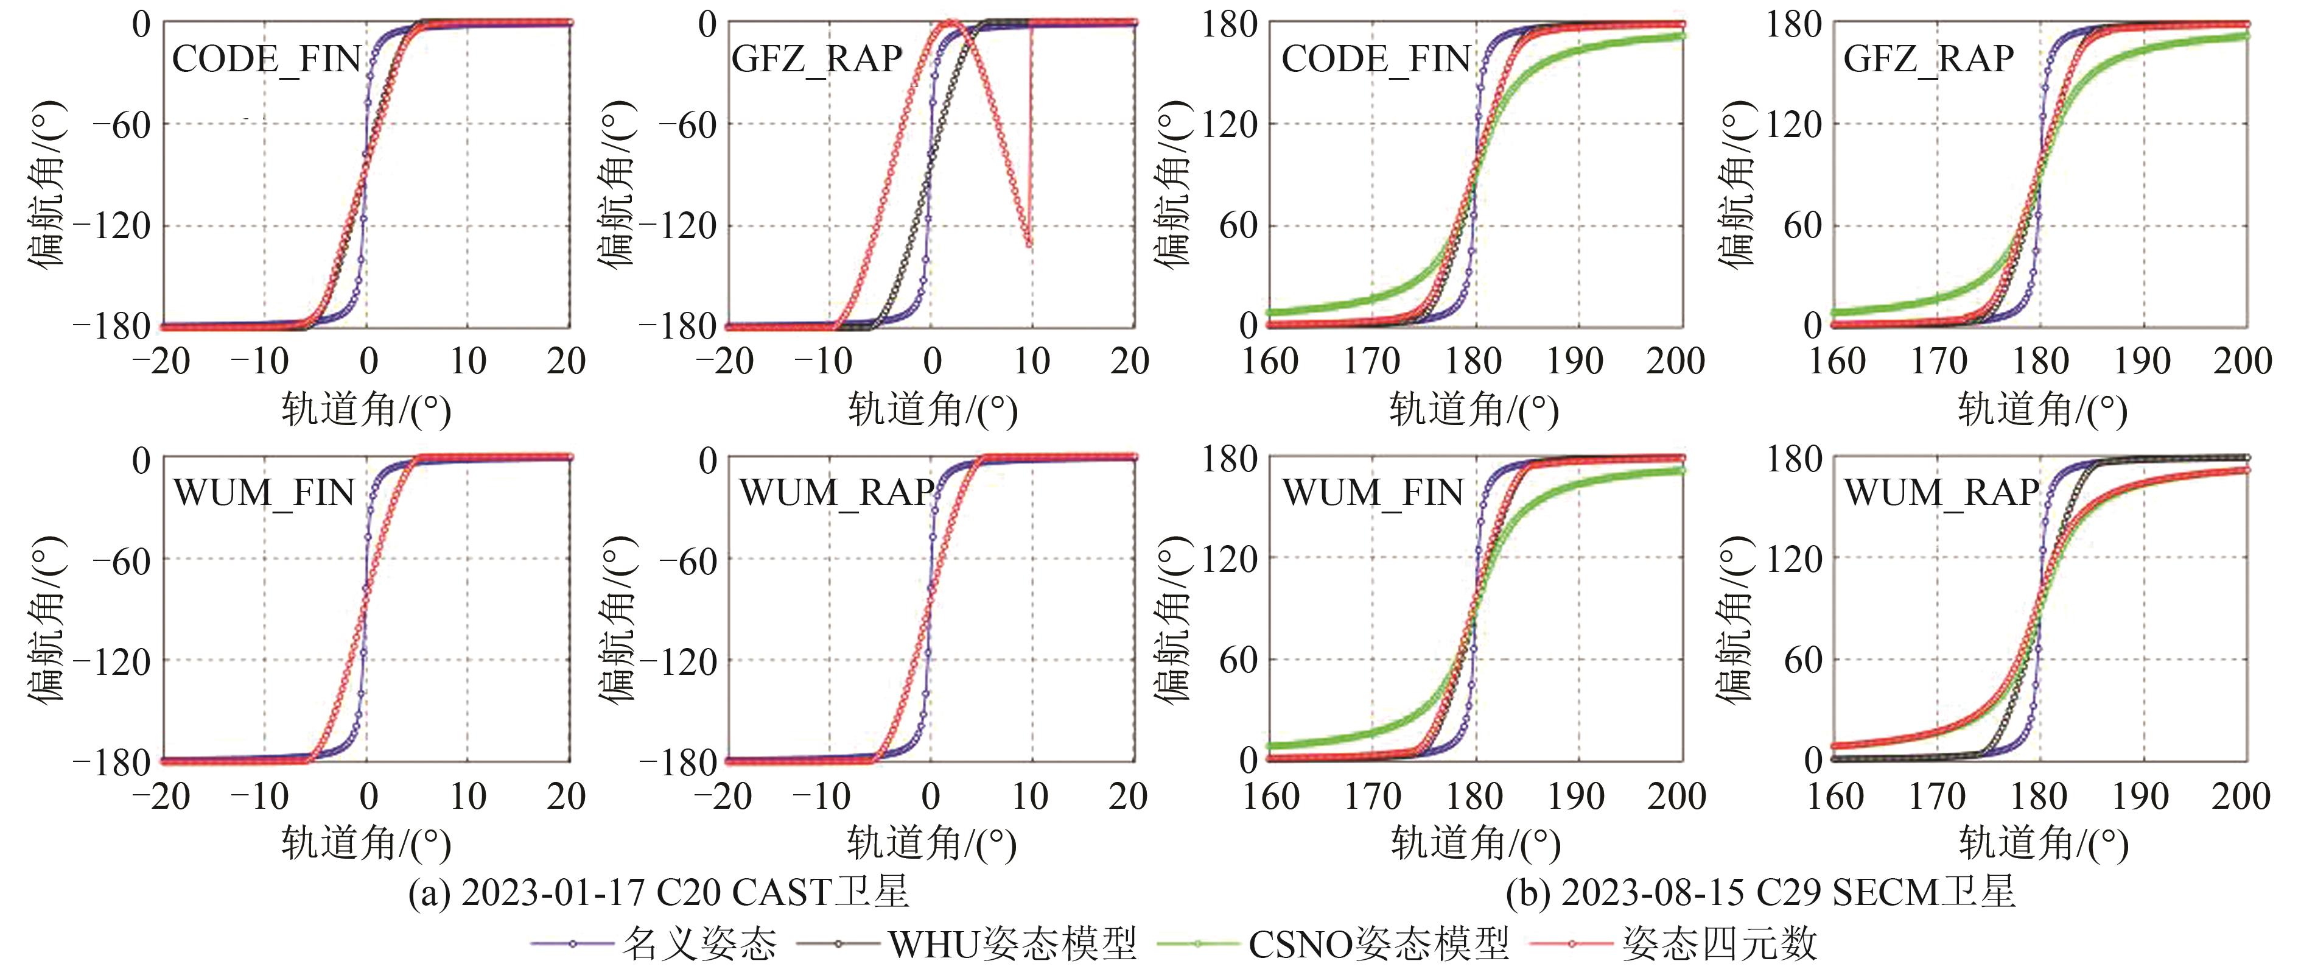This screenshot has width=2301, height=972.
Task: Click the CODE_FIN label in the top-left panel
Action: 266,60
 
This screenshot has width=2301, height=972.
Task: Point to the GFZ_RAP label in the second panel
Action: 816,59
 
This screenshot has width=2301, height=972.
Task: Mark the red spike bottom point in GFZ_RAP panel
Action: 1030,243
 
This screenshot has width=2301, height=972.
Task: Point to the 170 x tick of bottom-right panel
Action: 1936,796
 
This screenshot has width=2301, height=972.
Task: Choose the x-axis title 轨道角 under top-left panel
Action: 366,410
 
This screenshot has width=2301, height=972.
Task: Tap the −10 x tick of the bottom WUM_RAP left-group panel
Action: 822,796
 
